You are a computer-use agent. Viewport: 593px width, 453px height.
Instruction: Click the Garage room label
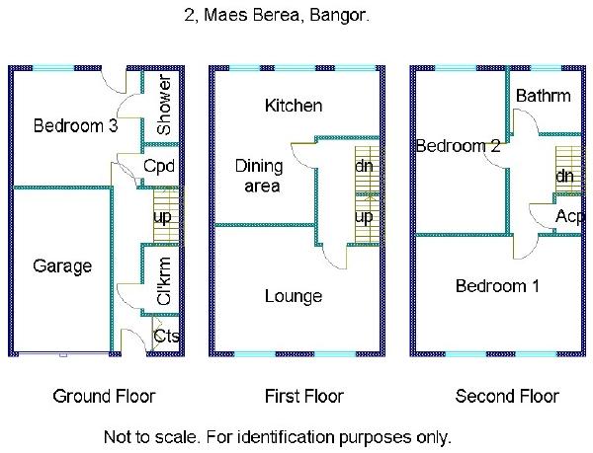click(62, 266)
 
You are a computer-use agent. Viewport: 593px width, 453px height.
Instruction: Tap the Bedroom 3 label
click(68, 126)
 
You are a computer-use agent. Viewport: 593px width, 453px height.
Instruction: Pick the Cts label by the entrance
click(167, 337)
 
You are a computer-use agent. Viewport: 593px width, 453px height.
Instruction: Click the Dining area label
click(258, 176)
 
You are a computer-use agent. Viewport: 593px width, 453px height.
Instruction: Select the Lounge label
click(293, 296)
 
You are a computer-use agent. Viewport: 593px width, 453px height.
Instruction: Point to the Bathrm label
click(543, 97)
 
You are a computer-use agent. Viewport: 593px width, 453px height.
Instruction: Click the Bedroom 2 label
click(458, 146)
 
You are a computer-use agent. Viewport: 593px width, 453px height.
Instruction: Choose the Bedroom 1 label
click(497, 286)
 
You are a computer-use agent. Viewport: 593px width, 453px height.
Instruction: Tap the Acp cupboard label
click(568, 216)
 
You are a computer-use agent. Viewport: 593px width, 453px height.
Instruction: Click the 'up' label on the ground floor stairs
click(160, 216)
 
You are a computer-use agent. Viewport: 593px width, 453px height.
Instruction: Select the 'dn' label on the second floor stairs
click(564, 176)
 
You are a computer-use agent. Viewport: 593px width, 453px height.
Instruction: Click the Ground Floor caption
click(104, 397)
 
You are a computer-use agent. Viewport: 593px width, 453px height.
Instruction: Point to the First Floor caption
click(304, 397)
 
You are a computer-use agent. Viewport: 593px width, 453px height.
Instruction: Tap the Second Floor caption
click(507, 397)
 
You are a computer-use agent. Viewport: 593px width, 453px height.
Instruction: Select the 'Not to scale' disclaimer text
click(277, 435)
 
